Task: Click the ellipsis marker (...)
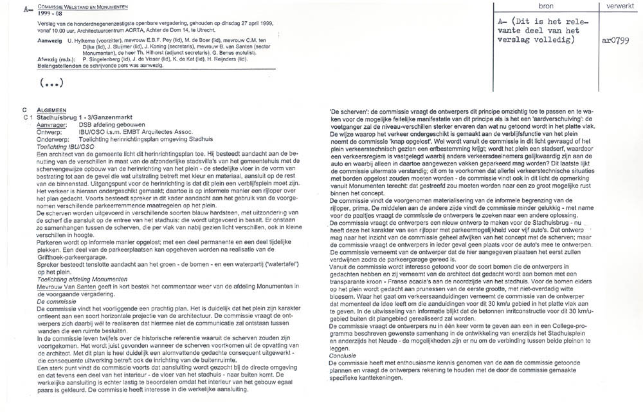click(52, 82)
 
